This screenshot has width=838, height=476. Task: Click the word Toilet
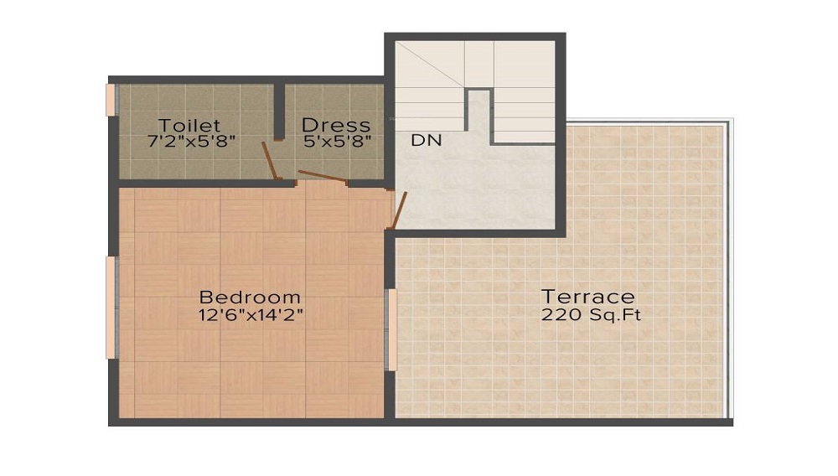pyautogui.click(x=190, y=126)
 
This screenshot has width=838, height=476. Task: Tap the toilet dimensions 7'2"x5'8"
pyautogui.click(x=192, y=142)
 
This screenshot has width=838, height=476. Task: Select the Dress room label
pyautogui.click(x=335, y=126)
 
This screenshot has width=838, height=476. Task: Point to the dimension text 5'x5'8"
pyautogui.click(x=337, y=142)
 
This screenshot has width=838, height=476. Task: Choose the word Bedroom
pyautogui.click(x=250, y=297)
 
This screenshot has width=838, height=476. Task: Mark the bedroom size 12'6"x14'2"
pyautogui.click(x=250, y=315)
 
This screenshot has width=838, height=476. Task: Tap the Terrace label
pyautogui.click(x=587, y=297)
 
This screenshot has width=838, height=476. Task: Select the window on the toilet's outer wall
pyautogui.click(x=111, y=99)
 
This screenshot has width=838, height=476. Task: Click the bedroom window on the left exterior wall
pyautogui.click(x=111, y=308)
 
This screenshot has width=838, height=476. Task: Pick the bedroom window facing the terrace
pyautogui.click(x=391, y=329)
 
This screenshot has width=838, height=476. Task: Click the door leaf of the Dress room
pyautogui.click(x=323, y=176)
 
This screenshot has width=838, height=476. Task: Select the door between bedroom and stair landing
pyautogui.click(x=400, y=210)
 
